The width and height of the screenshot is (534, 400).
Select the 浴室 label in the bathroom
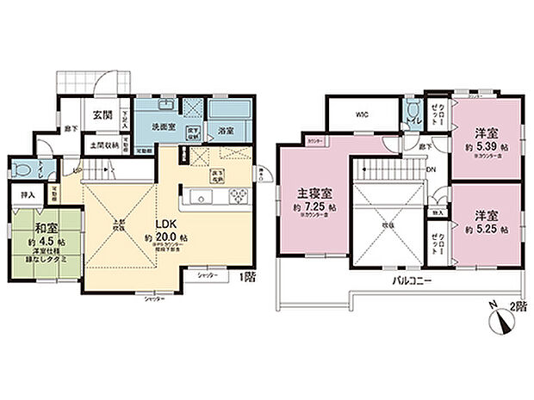click(x=227, y=132)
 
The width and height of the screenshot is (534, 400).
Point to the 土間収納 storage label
click(x=102, y=145)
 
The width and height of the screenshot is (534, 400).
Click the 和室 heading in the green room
click(x=47, y=229)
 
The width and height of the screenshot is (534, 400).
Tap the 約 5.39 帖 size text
click(x=487, y=146)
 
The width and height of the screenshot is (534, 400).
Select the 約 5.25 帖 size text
click(x=487, y=231)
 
